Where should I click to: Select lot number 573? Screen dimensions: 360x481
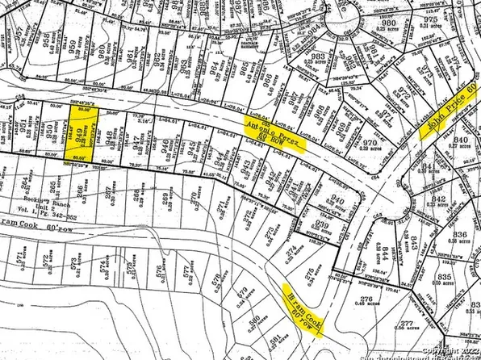73,264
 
